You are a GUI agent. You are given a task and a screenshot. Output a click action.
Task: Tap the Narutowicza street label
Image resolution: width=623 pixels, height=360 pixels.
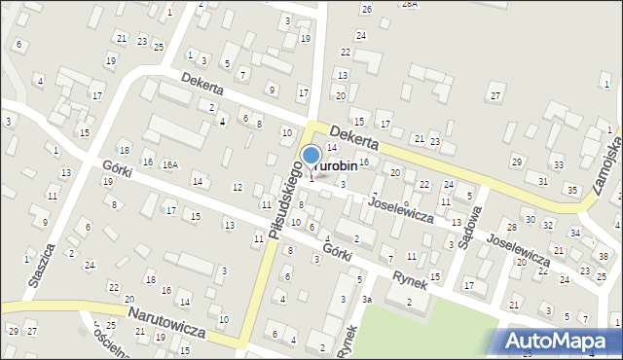pos(166,323)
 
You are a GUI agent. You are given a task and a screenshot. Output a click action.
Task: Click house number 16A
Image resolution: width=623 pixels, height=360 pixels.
pos(170,165)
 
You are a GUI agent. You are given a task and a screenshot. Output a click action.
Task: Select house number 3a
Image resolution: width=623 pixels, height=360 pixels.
pos(367,300)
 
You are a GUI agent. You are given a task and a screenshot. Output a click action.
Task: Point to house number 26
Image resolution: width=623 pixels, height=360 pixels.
pos(367,9)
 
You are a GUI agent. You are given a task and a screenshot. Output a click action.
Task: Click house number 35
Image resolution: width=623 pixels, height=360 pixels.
pos(572,190)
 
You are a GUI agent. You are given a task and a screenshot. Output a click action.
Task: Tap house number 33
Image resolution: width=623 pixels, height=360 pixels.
pos(558,165)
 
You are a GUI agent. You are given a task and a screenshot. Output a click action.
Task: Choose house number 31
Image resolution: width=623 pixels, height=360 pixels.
pos(542,182)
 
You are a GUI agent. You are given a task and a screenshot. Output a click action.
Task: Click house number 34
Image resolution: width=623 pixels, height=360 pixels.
pos(575,234)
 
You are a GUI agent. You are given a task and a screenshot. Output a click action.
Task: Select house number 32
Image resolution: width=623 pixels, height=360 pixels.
pos(547,225)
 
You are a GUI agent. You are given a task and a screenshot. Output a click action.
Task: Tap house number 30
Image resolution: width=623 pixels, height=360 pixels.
pos(531,220)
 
